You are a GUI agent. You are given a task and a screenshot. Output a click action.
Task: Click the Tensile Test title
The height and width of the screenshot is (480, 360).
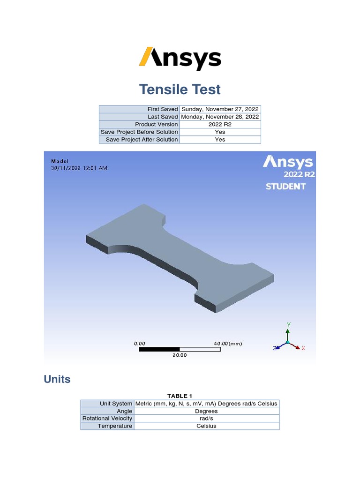[180, 89]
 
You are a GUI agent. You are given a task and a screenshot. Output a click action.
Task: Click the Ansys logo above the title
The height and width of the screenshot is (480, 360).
[180, 59]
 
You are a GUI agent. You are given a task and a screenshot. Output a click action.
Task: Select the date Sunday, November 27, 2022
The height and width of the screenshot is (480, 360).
[220, 109]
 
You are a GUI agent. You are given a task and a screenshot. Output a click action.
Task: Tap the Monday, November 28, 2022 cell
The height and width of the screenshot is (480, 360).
[220, 117]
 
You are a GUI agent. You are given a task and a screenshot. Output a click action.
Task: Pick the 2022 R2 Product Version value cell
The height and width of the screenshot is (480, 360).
[220, 124]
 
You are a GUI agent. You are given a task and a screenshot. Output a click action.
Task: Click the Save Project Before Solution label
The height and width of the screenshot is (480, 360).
[139, 132]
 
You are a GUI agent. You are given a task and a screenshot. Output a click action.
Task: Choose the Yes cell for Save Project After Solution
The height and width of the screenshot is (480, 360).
[220, 139]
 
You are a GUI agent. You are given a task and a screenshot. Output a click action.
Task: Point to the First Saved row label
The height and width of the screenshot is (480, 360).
[163, 109]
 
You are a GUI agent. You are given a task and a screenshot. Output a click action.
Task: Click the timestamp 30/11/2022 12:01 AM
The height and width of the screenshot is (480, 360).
[79, 168]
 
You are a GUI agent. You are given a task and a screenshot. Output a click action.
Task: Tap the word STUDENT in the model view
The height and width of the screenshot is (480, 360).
[286, 187]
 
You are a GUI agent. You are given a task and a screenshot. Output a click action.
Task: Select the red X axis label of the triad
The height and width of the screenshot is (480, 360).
[303, 348]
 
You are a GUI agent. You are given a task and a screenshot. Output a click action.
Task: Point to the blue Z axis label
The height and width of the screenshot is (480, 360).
[275, 348]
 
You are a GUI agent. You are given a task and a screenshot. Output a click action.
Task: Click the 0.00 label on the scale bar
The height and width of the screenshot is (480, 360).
[140, 344]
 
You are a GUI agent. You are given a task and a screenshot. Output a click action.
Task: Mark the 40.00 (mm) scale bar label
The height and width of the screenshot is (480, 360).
[228, 344]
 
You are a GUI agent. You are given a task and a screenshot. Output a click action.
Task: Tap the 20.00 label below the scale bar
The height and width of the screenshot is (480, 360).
[180, 355]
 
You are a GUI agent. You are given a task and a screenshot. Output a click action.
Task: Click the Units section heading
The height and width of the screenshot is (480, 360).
[57, 379]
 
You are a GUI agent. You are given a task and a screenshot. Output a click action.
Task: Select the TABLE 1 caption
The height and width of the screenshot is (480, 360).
[180, 396]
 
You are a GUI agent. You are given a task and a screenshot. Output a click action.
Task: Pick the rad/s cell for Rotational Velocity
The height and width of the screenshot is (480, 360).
[206, 419]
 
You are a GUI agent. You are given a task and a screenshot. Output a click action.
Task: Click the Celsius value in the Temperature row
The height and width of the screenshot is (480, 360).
[206, 426]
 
